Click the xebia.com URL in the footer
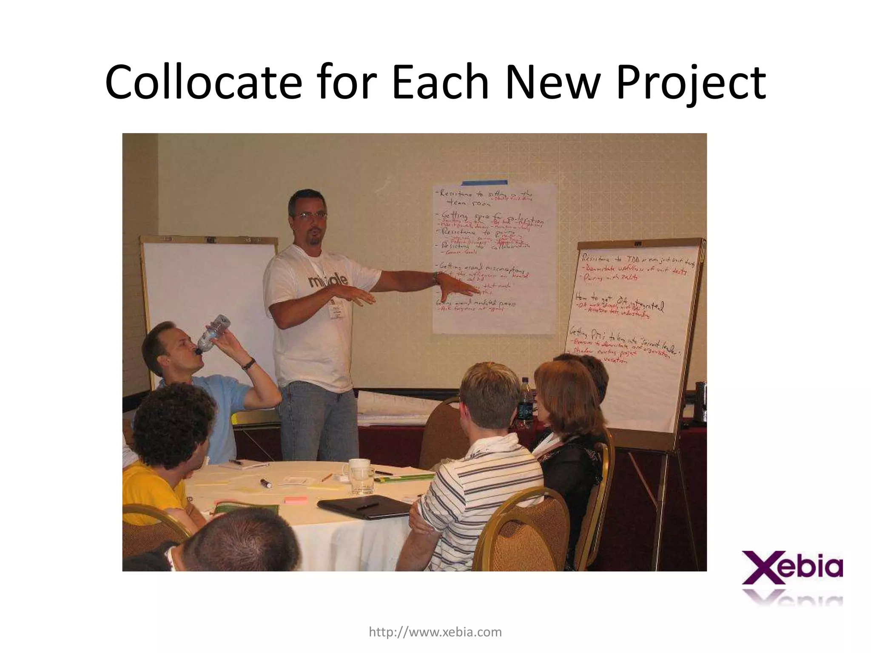pyautogui.click(x=435, y=632)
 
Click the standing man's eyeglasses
pyautogui.click(x=311, y=216)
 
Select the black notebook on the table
pyautogui.click(x=364, y=506)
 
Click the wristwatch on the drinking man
pyautogui.click(x=249, y=364)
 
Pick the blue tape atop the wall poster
pyautogui.click(x=484, y=183)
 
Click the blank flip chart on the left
pyautogui.click(x=208, y=306)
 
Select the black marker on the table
pyautogui.click(x=266, y=483)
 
